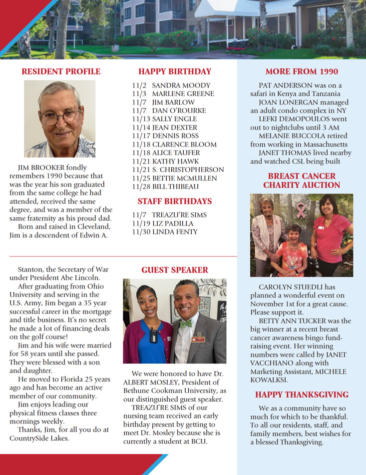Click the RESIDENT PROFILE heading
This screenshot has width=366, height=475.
(x=61, y=71)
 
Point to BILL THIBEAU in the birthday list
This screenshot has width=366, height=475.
(x=175, y=186)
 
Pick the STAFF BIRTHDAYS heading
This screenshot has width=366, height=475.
(x=175, y=201)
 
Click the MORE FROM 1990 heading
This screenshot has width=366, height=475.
(x=302, y=71)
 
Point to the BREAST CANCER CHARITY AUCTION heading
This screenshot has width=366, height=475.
(x=302, y=180)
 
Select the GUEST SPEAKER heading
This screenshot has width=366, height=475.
(x=175, y=270)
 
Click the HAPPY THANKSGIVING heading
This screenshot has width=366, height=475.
(x=302, y=395)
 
